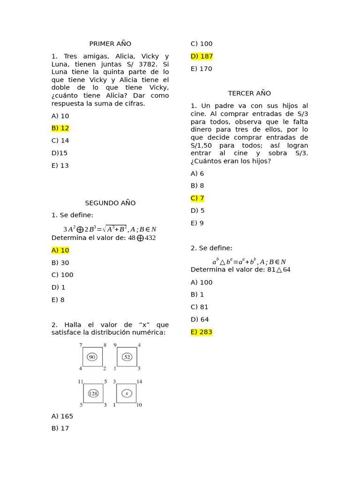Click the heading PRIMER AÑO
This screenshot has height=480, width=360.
point(110,44)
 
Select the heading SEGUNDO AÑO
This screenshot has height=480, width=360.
point(110,203)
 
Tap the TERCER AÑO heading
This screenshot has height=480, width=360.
point(249,93)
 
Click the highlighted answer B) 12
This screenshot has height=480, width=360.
point(60,128)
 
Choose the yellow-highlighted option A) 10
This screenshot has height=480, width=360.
point(60,250)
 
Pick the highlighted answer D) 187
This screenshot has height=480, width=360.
point(202,56)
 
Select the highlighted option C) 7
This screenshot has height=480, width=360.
point(197,198)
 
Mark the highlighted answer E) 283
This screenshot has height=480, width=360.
point(202,332)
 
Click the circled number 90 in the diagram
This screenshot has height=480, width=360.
point(92,357)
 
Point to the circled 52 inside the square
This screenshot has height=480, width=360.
point(127,357)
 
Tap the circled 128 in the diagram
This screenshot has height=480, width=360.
point(93,393)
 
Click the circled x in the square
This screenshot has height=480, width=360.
point(127,393)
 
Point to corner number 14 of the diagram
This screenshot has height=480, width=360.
point(139,382)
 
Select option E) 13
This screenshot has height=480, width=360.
point(60,165)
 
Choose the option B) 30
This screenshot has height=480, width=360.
point(60,262)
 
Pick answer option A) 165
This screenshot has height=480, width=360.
point(62,416)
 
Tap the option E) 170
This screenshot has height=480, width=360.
point(202,68)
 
